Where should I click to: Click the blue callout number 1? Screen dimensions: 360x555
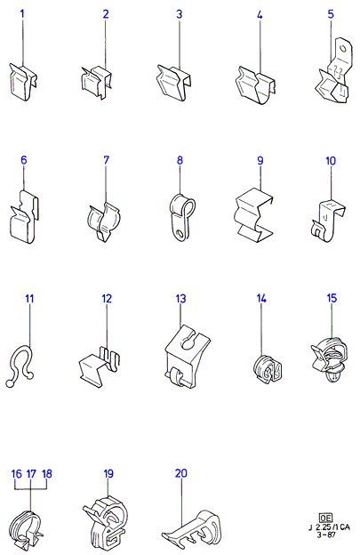[22, 14]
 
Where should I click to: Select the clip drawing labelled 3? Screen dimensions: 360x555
[173, 83]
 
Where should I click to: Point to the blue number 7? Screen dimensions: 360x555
[106, 160]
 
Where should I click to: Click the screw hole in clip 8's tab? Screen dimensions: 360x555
[180, 233]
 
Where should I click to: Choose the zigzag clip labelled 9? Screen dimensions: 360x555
[254, 214]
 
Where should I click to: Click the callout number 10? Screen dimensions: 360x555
[331, 161]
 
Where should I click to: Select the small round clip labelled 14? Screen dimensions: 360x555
[268, 369]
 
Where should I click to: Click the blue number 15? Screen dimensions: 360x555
[332, 298]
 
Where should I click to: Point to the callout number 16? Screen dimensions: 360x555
[16, 473]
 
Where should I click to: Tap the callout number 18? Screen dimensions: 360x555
[47, 473]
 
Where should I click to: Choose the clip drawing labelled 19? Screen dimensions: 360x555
[105, 522]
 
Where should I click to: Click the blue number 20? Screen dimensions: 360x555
[181, 473]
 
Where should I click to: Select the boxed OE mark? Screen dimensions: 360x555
[325, 518]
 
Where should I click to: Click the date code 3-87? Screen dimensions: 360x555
[326, 535]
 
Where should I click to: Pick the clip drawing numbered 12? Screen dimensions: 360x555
[100, 366]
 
